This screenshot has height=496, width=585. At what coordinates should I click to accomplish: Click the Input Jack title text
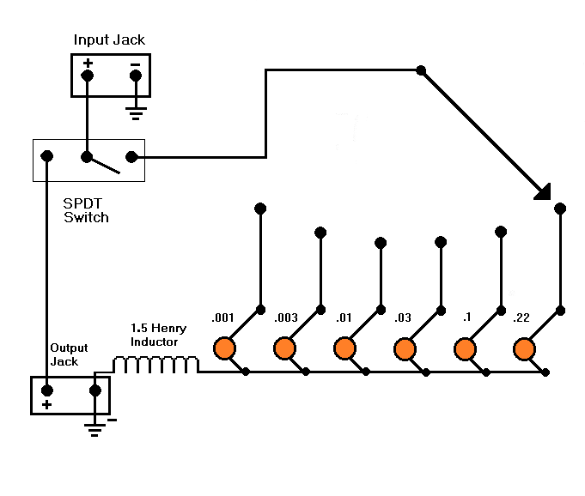(109, 39)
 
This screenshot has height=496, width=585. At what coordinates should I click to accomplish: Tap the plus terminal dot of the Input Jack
(88, 76)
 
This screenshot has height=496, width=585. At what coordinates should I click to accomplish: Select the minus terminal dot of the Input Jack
(136, 76)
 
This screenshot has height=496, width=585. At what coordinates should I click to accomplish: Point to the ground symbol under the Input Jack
(136, 113)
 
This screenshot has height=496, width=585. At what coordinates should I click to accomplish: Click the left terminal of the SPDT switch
(46, 156)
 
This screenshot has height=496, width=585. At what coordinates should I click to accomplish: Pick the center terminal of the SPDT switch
(87, 157)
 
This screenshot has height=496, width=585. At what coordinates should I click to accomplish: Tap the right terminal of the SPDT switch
(131, 157)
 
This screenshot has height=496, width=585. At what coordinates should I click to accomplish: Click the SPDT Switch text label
(86, 210)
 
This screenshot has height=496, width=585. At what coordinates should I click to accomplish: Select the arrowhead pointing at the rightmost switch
(544, 193)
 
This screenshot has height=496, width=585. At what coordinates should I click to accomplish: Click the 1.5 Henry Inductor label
(158, 335)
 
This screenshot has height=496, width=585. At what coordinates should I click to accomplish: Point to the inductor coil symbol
(155, 365)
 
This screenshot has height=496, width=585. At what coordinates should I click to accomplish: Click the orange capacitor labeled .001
(224, 348)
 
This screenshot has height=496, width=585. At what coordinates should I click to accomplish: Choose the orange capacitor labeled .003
(284, 348)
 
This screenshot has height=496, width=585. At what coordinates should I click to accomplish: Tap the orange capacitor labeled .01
(344, 348)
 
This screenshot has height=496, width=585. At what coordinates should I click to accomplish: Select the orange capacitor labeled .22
(525, 349)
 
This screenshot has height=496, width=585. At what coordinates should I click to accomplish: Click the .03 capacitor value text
(403, 318)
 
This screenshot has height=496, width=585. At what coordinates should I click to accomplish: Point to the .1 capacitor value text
(466, 318)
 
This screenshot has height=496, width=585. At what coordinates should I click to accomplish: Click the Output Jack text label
(69, 354)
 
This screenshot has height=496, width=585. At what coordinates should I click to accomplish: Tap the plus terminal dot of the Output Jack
(46, 390)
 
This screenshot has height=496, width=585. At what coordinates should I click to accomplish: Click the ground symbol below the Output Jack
(94, 430)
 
